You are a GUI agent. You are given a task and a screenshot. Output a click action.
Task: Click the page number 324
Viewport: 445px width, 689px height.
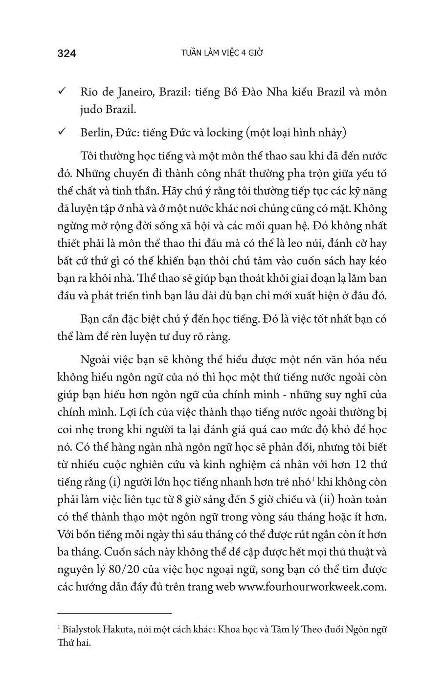pos(67,54)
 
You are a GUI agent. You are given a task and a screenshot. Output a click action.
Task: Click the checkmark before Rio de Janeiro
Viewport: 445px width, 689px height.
pos(62,92)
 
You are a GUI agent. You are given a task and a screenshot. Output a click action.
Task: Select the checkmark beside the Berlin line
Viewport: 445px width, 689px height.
pos(62,133)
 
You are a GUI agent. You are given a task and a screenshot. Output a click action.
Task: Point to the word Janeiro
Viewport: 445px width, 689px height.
pos(133,92)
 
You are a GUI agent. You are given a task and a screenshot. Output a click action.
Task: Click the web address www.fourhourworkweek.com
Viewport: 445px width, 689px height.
pos(312,587)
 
